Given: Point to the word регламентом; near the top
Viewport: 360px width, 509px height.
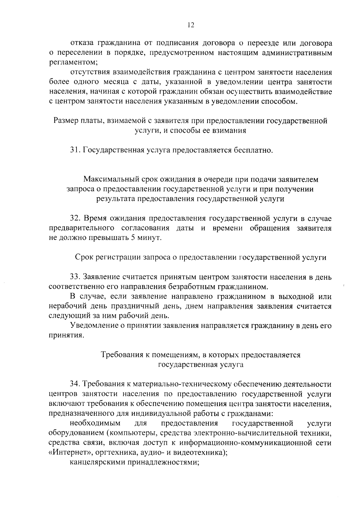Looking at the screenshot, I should (x=73, y=63).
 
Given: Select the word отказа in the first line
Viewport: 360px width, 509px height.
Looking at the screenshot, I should (x=80, y=43).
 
